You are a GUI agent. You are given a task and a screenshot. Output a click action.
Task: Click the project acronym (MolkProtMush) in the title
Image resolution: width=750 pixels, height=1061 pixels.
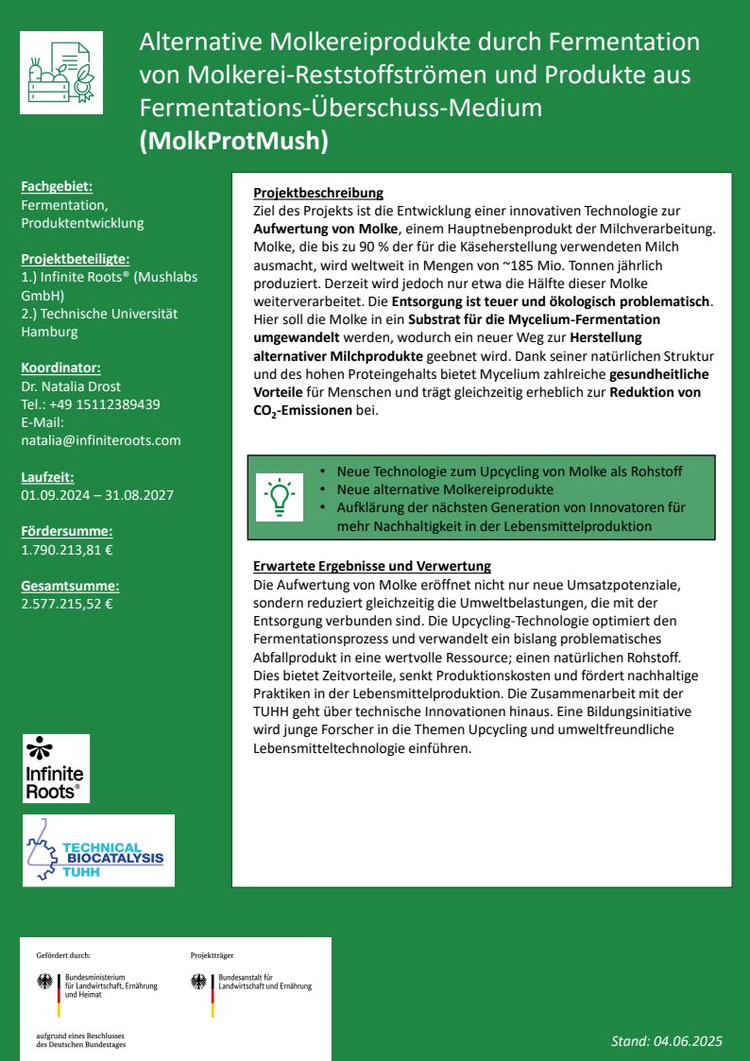(x=233, y=141)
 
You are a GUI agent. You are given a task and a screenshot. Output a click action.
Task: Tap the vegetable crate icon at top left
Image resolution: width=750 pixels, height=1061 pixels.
(x=61, y=72)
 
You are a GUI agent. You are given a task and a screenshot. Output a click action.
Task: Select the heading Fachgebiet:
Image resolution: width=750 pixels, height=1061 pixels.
(x=57, y=187)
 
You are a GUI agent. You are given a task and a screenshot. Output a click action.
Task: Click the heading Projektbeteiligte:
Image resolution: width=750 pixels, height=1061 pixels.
(x=76, y=259)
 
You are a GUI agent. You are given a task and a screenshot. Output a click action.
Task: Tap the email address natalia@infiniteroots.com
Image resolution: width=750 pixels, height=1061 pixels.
(x=100, y=440)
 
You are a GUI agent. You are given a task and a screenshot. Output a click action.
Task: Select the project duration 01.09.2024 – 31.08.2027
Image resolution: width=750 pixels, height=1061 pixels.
(x=97, y=494)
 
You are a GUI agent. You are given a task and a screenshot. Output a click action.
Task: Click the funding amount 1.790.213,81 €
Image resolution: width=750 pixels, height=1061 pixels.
(x=66, y=549)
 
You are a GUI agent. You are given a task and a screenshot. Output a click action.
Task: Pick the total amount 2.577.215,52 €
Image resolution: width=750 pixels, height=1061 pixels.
(x=66, y=603)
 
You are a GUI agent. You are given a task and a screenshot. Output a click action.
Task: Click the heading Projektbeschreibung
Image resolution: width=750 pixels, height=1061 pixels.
(x=318, y=194)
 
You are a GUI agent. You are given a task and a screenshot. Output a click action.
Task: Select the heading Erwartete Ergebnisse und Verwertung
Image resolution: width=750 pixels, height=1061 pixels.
(x=372, y=566)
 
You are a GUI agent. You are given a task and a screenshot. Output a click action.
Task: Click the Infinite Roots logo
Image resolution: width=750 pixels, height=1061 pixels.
(x=56, y=768)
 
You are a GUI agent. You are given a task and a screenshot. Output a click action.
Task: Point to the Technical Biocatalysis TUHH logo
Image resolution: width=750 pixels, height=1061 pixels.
(x=99, y=850)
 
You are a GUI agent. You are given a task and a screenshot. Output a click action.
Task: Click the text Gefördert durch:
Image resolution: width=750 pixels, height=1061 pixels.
(x=63, y=955)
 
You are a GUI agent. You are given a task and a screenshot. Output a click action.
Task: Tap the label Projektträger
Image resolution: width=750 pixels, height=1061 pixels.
(x=212, y=955)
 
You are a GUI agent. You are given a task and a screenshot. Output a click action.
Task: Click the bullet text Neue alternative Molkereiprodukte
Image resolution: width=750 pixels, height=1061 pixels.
(x=445, y=489)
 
